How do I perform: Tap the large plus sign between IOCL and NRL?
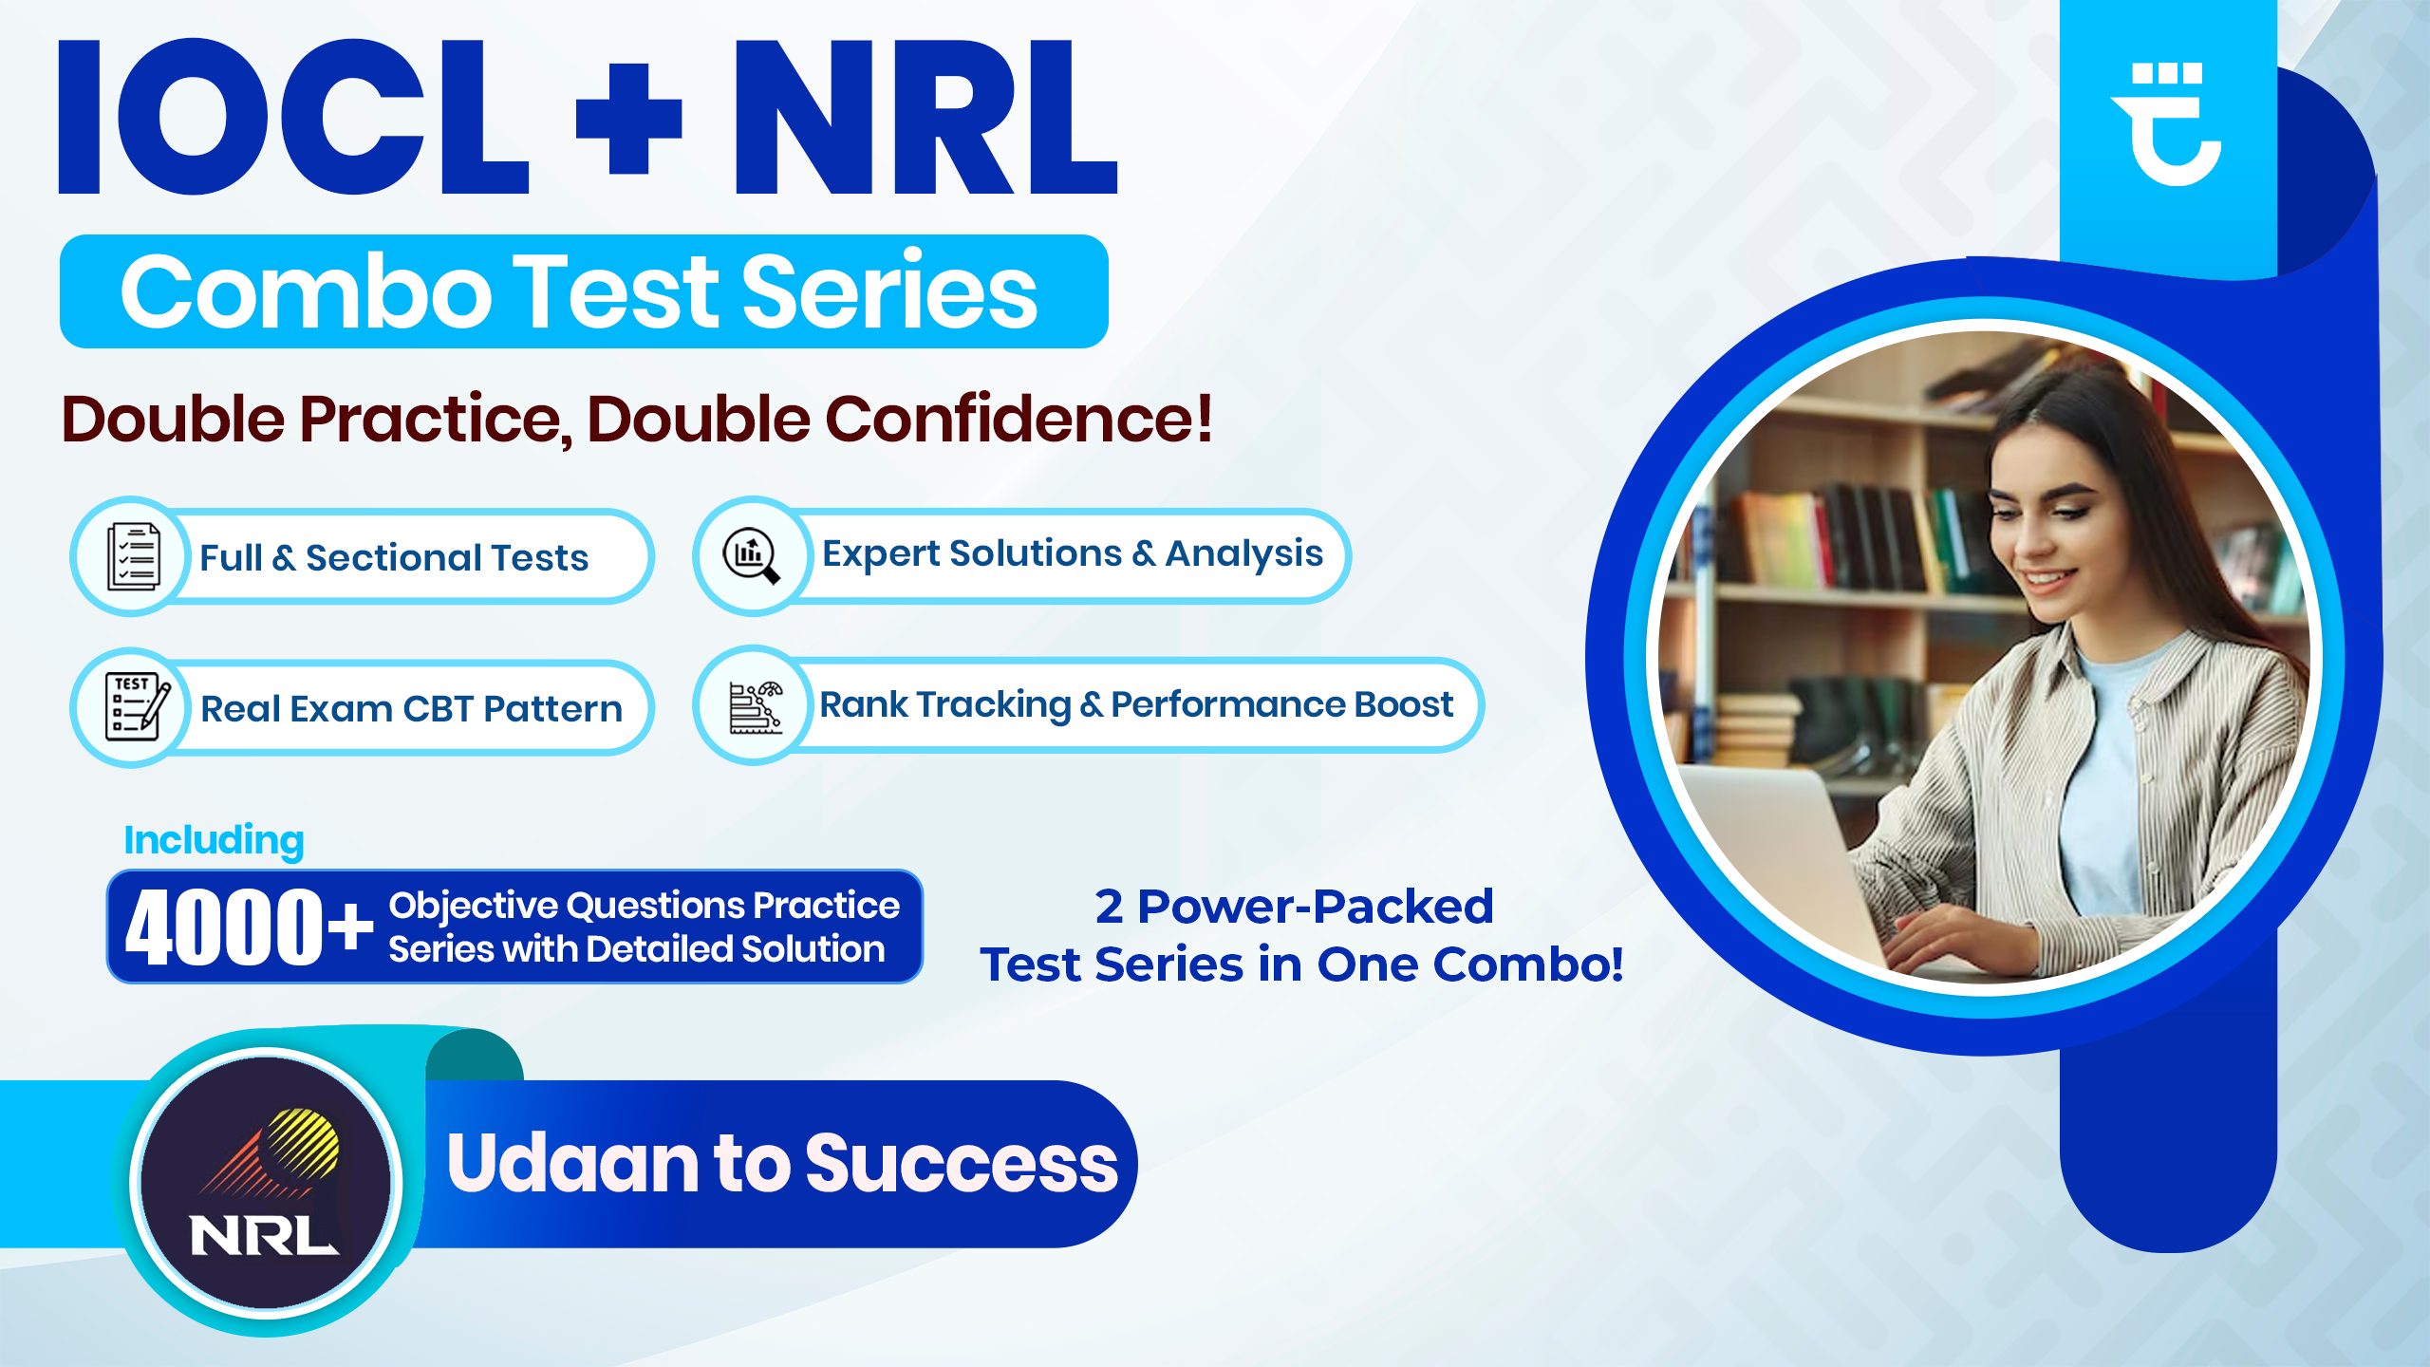coord(628,120)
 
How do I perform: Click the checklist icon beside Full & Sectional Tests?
coord(133,556)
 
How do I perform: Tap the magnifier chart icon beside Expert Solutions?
coord(752,555)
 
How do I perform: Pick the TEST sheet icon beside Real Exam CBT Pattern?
coord(135,706)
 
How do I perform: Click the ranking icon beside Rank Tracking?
coord(755,706)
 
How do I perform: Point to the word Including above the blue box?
coord(214,840)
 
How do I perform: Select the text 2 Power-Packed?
coord(1294,907)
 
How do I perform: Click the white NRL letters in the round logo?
coord(263,1236)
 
